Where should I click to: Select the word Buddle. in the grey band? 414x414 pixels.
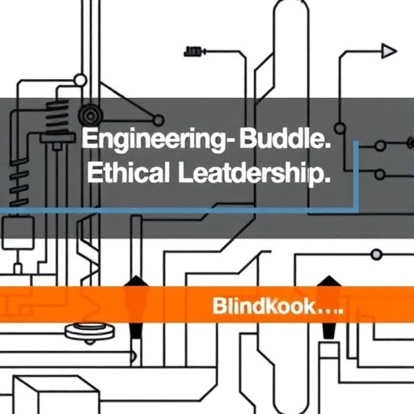(x=285, y=138)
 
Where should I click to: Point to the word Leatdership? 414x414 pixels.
(x=254, y=174)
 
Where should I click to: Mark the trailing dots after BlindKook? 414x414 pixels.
(x=330, y=311)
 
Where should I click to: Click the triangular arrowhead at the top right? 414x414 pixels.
(x=389, y=51)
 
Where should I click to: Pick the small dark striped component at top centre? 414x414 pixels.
(x=192, y=51)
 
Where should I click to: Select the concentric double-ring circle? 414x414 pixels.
(x=91, y=116)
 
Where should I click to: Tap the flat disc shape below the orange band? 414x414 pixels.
(x=90, y=332)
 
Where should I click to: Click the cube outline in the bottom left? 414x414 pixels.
(x=55, y=395)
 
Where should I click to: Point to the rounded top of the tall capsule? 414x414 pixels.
(x=291, y=6)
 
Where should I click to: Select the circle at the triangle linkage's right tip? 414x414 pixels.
(x=158, y=120)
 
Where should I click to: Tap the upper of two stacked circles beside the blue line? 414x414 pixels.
(x=380, y=146)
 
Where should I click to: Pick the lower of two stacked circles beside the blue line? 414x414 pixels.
(x=380, y=175)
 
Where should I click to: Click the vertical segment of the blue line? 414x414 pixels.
(x=356, y=175)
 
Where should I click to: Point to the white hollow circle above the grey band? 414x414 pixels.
(x=80, y=80)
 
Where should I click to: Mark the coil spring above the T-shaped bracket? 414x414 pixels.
(x=57, y=117)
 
